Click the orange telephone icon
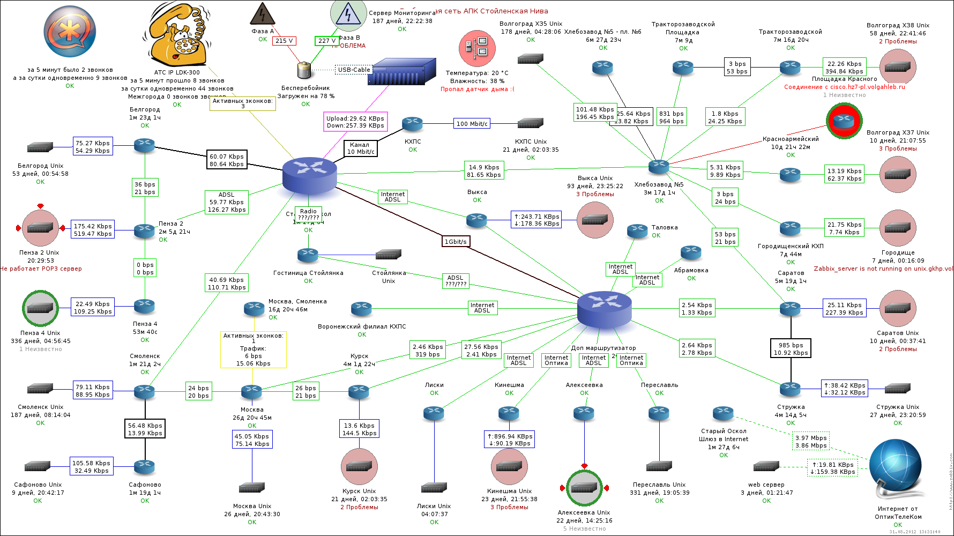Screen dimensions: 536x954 (x=178, y=35)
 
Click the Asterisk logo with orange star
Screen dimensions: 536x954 (x=70, y=32)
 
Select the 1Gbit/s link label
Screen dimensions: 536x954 (x=456, y=241)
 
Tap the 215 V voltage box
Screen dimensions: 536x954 (x=284, y=41)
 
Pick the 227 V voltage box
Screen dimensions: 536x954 (x=326, y=41)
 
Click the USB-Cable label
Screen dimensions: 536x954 (x=354, y=70)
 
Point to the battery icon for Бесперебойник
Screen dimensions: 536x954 (x=304, y=70)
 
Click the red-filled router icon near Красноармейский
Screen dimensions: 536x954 (x=844, y=121)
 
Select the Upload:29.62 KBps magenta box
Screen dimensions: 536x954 (x=355, y=122)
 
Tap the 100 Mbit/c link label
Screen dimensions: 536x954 (x=472, y=124)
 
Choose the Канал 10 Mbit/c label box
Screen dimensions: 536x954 (x=360, y=148)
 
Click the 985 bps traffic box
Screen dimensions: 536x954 (x=791, y=348)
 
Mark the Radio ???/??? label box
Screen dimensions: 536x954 (x=308, y=214)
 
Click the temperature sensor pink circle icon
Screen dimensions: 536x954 (x=477, y=48)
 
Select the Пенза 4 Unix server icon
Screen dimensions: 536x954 (x=40, y=308)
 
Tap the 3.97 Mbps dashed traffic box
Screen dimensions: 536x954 (x=810, y=442)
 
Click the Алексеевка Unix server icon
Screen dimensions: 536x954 (x=584, y=488)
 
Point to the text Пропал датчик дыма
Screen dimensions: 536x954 (x=477, y=89)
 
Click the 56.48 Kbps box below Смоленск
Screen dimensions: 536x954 (x=145, y=429)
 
